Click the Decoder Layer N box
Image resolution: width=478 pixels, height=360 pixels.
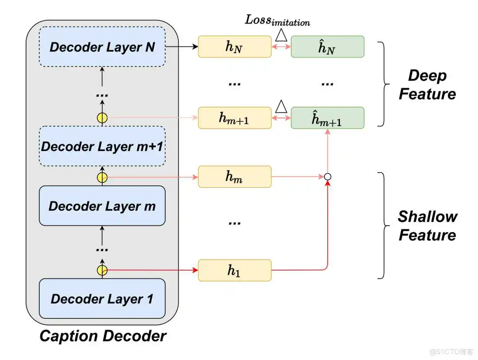[x=102, y=47]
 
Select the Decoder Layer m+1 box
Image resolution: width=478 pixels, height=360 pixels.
[x=102, y=147]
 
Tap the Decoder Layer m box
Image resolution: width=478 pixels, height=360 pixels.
[x=102, y=206]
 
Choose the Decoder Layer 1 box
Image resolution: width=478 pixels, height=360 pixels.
[x=102, y=298]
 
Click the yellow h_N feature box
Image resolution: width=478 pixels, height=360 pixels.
[x=235, y=47]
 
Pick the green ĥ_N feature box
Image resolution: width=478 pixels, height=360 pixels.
[x=327, y=47]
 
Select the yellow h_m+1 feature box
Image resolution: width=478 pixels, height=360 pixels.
[x=235, y=118]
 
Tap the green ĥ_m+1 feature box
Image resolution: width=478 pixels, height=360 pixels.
[x=327, y=118]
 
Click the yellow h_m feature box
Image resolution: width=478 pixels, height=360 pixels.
[x=235, y=177]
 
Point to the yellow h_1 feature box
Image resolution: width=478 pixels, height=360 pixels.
[x=235, y=270]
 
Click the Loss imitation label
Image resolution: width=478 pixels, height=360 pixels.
[x=278, y=20]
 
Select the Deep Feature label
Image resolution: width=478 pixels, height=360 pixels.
[x=427, y=85]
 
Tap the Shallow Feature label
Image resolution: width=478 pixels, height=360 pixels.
[x=427, y=225]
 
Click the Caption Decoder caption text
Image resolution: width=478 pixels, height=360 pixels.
[x=103, y=336]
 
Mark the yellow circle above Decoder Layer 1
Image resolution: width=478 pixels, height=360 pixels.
[x=102, y=270]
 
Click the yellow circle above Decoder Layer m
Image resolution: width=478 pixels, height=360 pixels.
[x=102, y=177]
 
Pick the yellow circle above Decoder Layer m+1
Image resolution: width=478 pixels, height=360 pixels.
[x=102, y=118]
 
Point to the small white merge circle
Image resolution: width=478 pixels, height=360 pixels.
[x=328, y=177]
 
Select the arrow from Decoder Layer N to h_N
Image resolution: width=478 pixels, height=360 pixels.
[x=181, y=47]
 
